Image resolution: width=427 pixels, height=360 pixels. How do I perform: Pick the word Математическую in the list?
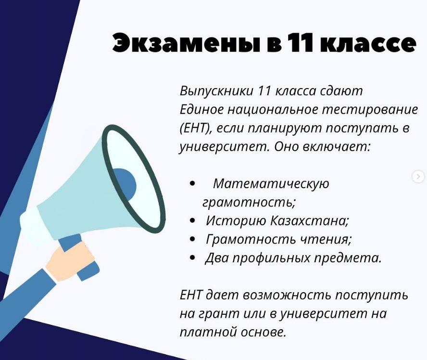(271, 183)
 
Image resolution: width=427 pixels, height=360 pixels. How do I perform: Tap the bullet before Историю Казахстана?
(192, 220)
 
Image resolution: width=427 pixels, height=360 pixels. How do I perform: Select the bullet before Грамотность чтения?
(192, 239)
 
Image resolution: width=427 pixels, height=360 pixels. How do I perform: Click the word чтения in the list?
(326, 239)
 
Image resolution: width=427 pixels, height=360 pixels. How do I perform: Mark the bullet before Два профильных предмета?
(192, 257)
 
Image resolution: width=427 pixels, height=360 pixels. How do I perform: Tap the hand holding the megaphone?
(70, 262)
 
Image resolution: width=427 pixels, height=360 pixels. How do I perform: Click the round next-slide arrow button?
(418, 177)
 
